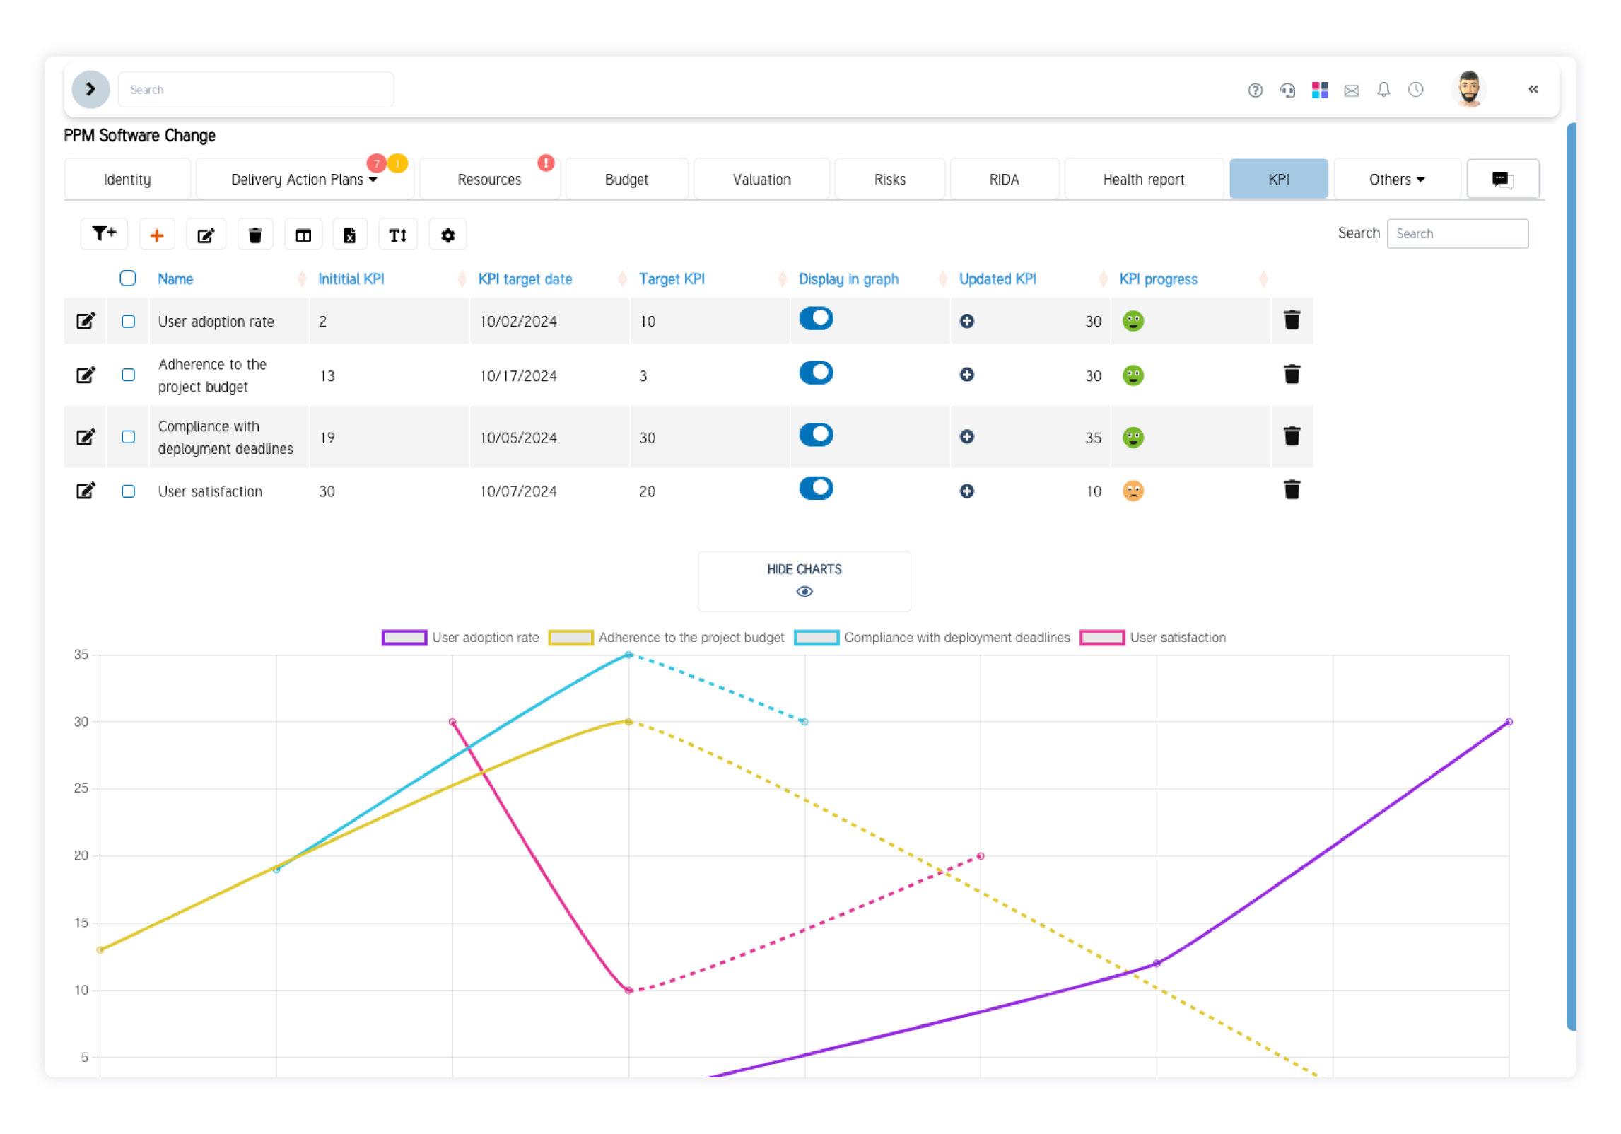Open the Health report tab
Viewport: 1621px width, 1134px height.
[1143, 180]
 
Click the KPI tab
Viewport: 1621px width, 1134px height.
[1278, 180]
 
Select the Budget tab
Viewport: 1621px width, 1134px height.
[626, 180]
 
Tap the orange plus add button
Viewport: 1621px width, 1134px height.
[157, 235]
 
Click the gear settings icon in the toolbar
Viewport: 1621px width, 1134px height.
[447, 235]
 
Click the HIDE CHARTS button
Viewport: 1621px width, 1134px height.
[804, 580]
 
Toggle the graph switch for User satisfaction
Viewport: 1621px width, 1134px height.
[816, 489]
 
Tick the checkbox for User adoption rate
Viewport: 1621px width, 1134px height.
[128, 322]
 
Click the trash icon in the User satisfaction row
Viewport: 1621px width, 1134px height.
[1292, 490]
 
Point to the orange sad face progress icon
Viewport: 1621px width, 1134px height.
[1133, 491]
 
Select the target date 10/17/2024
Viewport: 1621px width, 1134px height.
[518, 376]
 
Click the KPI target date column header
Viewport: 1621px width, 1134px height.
[525, 279]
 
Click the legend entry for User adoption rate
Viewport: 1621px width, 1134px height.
[460, 638]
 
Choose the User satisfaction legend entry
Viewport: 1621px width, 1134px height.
[1153, 638]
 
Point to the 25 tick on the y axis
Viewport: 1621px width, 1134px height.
[81, 788]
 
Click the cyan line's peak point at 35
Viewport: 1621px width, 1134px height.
[628, 655]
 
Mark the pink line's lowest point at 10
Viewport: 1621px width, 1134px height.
[628, 990]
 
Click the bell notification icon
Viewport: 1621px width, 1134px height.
[1383, 90]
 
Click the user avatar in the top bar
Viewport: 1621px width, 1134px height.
[1469, 90]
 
